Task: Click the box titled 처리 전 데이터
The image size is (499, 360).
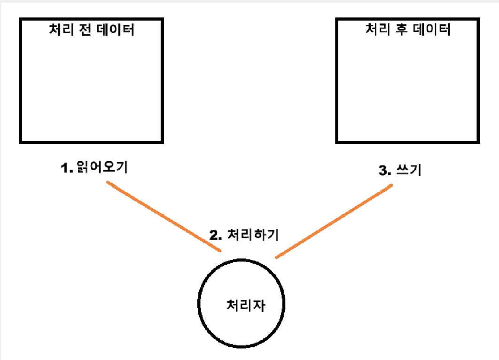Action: (x=92, y=85)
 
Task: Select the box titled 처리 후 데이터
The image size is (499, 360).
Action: (x=408, y=85)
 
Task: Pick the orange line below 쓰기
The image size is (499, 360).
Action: (x=334, y=221)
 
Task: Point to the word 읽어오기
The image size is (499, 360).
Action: (x=101, y=168)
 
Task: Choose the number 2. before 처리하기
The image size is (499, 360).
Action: (x=216, y=235)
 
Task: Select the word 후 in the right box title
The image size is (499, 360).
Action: (x=399, y=31)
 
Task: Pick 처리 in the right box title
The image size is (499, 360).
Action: (x=375, y=31)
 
